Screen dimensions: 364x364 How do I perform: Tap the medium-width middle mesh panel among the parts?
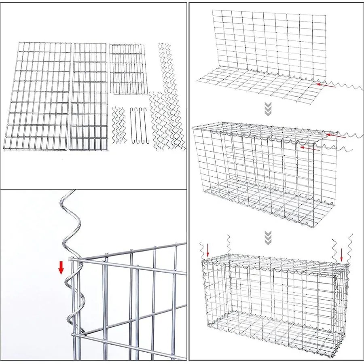coord(90,96)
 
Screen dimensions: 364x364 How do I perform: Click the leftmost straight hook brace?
coord(133,125)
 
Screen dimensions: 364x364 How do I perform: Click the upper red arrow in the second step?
coord(336,137)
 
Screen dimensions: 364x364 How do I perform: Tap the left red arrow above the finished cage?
coord(207,249)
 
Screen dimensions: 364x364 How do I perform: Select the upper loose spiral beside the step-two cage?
coord(350,135)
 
